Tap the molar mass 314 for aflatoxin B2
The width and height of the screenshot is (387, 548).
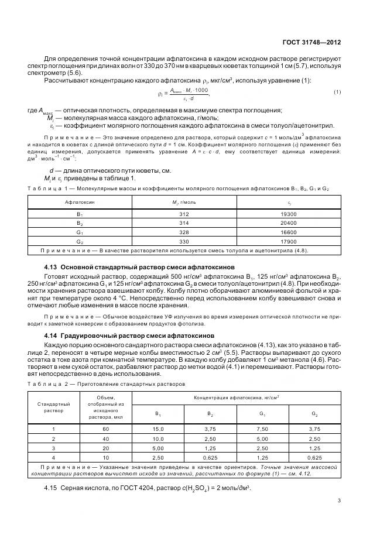[184, 224]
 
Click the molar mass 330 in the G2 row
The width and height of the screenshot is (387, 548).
[184, 241]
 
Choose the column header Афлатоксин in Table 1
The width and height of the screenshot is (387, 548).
[80, 202]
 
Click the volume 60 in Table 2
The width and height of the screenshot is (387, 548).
[105, 429]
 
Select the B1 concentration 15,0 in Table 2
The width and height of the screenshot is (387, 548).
[157, 429]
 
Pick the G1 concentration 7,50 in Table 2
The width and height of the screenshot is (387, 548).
[261, 429]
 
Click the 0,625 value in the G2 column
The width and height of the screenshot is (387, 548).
[314, 456]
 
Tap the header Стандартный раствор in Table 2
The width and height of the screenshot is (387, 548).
[53, 407]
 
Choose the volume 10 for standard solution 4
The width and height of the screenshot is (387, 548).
[105, 456]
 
